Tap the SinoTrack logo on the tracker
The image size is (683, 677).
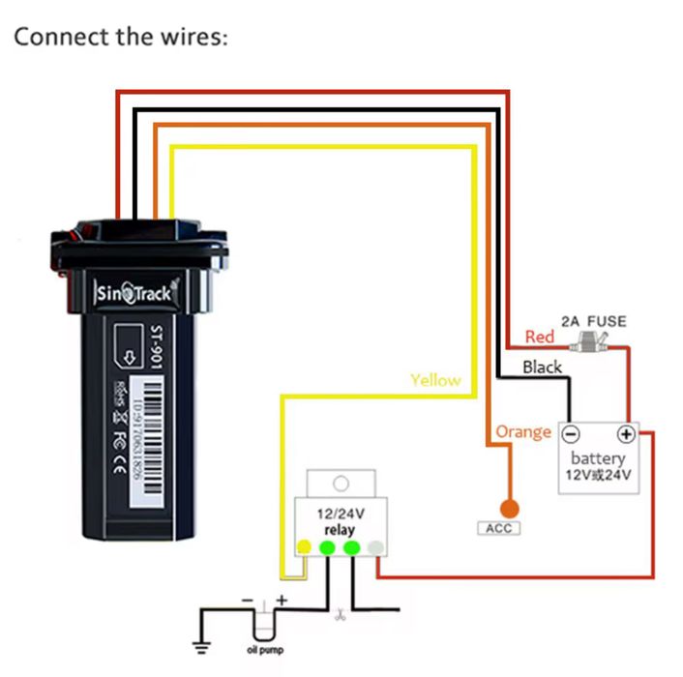(134, 293)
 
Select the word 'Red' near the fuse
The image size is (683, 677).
(539, 337)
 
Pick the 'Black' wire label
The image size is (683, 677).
(542, 367)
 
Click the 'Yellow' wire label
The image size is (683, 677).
(435, 380)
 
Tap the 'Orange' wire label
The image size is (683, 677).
(522, 431)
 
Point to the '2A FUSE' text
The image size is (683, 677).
(593, 321)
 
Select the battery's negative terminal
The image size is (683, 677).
(571, 433)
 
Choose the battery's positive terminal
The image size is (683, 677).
(626, 433)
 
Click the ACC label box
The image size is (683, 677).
(499, 528)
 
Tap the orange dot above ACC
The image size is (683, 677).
(508, 507)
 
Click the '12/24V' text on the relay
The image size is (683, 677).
(340, 515)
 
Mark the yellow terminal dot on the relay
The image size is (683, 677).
(304, 548)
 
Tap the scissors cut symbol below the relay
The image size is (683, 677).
(341, 615)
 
